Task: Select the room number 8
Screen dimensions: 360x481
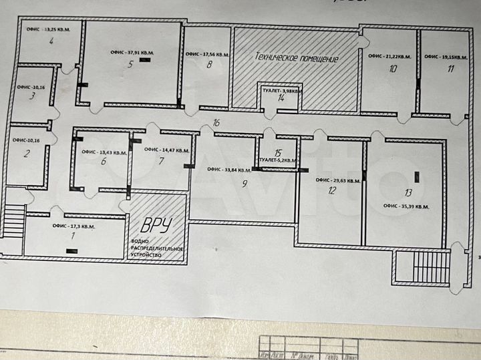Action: point(210,65)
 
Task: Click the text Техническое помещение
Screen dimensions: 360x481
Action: point(296,59)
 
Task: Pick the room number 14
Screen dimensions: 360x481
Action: point(282,98)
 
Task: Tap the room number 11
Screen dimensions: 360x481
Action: point(452,68)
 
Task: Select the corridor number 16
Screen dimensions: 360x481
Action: point(216,123)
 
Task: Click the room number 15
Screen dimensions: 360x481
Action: point(278,153)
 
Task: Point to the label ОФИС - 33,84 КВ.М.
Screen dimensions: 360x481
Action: point(225,169)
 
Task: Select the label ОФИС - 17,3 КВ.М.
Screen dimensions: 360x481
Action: point(73,227)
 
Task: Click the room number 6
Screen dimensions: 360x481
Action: point(104,162)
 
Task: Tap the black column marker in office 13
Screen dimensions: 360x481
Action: point(418,177)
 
